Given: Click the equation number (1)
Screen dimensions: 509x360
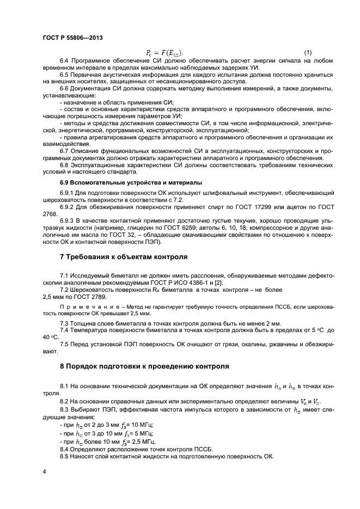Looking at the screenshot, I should tap(308, 53).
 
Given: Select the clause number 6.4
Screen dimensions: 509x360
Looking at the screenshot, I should tap(64, 60).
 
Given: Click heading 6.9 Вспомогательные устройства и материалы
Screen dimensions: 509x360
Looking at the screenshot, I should tap(131, 181).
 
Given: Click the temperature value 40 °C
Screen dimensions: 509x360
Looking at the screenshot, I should tap(49, 338).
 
